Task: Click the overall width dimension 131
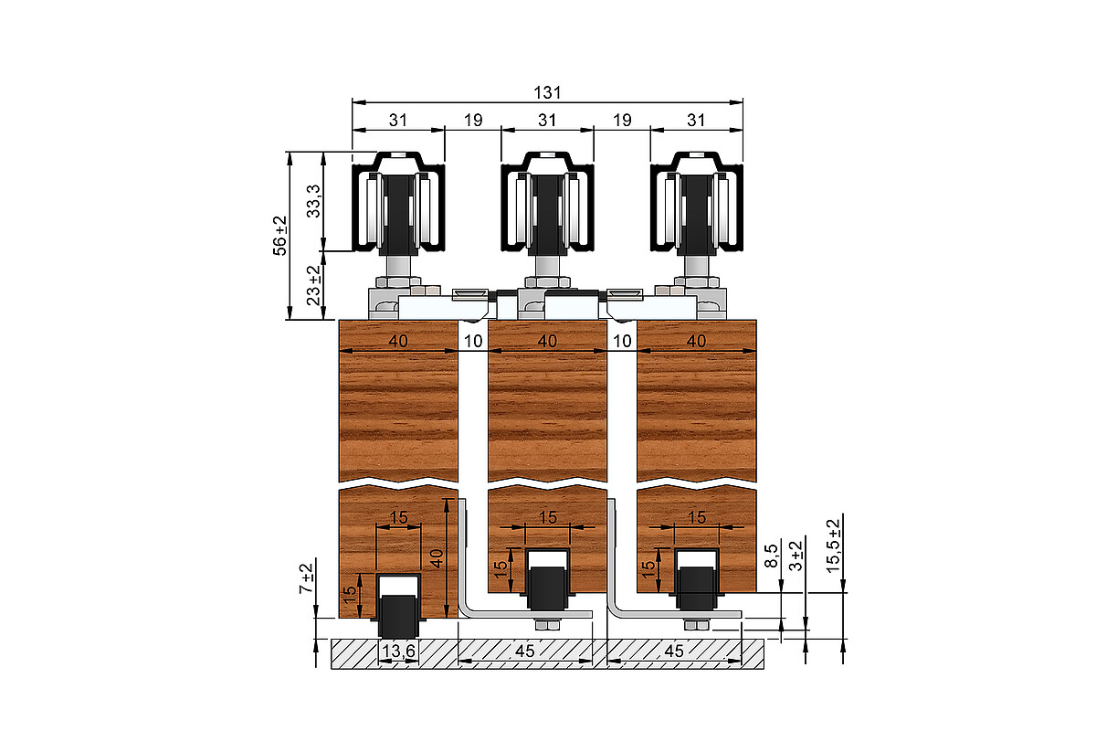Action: point(547,92)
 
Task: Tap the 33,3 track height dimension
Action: point(313,201)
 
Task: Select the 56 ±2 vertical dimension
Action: point(279,236)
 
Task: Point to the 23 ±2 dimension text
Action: point(313,285)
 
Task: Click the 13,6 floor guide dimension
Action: point(398,652)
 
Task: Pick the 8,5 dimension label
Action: point(771,556)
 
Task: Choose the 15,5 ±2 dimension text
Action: point(833,546)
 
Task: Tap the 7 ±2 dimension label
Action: point(306,578)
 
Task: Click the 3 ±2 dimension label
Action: point(796,556)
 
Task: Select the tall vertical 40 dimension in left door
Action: point(436,558)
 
